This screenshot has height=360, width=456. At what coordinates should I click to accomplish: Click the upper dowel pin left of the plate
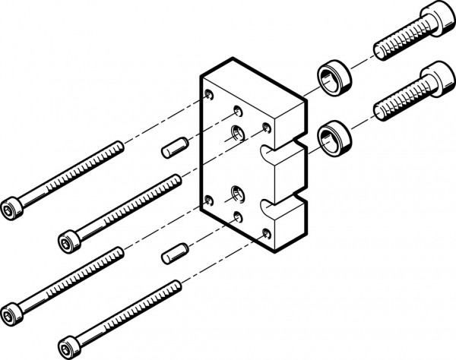174,147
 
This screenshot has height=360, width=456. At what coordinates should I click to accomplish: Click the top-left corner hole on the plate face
209,95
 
